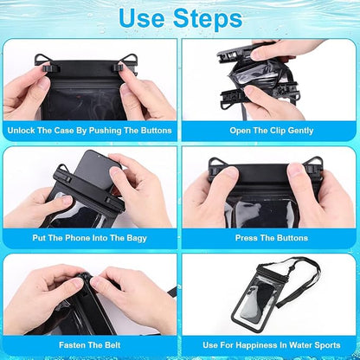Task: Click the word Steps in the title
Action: pyautogui.click(x=208, y=18)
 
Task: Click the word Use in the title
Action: pyautogui.click(x=142, y=18)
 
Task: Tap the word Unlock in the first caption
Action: pyautogui.click(x=21, y=131)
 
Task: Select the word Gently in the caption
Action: pyautogui.click(x=300, y=131)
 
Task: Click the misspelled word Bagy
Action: pyautogui.click(x=137, y=238)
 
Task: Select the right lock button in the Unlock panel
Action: pyautogui.click(x=118, y=68)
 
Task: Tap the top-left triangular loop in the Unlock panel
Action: pyautogui.click(x=42, y=59)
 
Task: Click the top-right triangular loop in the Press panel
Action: pyautogui.click(x=314, y=162)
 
